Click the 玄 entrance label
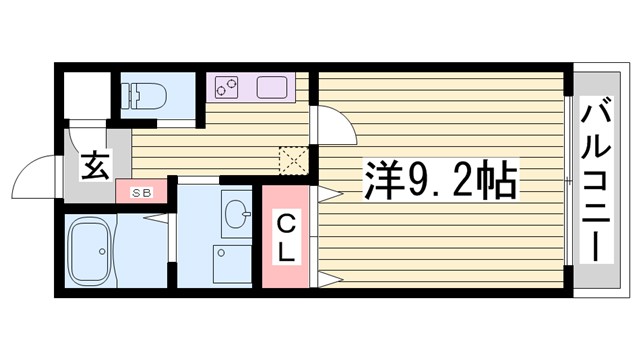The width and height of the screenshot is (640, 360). pos(94,165)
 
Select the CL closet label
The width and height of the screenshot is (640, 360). pos(285,237)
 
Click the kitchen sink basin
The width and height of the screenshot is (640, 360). pos(275,88)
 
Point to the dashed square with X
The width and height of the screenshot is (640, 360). pos(293,158)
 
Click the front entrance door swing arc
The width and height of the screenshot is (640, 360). pos(36,176)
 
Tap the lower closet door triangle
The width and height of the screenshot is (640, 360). pos(325,276)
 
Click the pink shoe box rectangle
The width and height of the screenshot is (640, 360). pos(139,192)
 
